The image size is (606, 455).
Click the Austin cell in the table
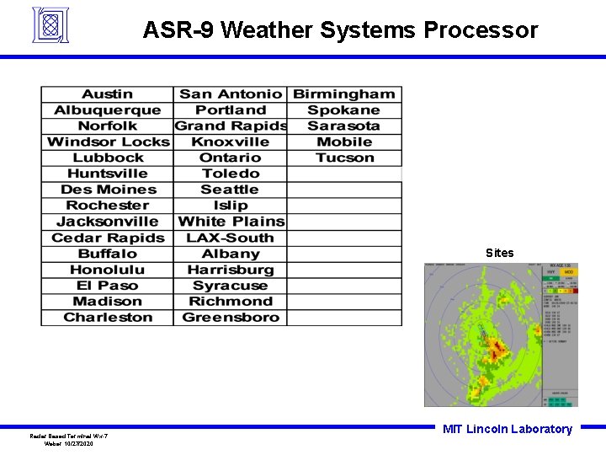pos(107,94)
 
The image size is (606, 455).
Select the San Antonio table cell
pos(231,94)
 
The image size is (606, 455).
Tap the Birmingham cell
pos(343,94)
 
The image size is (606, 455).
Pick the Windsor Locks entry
pos(108,142)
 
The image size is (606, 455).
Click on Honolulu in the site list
pos(107,270)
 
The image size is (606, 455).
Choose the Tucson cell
pos(344,158)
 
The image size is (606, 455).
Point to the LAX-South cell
pos(231,238)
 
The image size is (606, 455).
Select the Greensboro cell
pos(231,318)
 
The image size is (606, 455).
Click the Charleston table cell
pos(108,318)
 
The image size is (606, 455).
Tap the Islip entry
pos(231,206)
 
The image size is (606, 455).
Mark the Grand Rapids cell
pos(231,126)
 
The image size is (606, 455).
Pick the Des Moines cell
pos(108,190)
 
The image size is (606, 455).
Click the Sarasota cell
pos(343,126)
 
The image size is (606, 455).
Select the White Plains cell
pos(231,222)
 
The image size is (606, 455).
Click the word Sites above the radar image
pos(499,253)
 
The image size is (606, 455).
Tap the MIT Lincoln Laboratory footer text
pos(507,429)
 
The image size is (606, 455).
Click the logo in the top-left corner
pos(50,24)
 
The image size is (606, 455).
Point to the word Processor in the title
pos(481,30)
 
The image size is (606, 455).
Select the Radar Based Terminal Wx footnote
pos(68,436)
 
